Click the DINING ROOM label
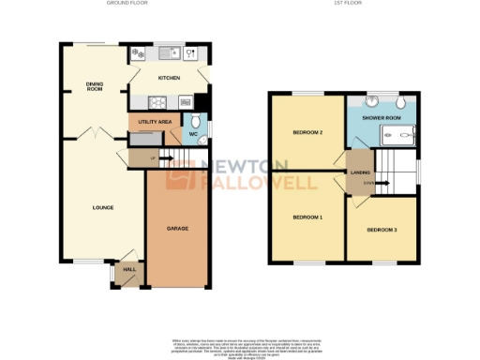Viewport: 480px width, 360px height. [94, 86]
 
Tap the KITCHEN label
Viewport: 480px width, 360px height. [169, 77]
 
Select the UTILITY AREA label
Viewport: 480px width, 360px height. [153, 122]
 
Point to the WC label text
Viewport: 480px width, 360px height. [193, 135]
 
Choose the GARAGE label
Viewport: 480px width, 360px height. [175, 228]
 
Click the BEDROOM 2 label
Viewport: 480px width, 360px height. [307, 132]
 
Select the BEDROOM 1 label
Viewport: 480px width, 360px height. [307, 217]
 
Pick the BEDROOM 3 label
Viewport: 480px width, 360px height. [382, 230]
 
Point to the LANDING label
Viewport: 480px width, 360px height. [360, 172]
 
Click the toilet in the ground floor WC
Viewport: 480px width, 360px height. [196, 122]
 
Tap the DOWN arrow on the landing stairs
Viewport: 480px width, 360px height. [369, 182]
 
